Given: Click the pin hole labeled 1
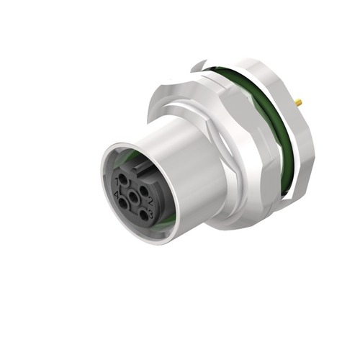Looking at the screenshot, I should pyautogui.click(x=123, y=179).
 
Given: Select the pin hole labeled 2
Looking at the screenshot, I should pyautogui.click(x=143, y=191).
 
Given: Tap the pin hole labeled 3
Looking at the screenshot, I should pyautogui.click(x=144, y=215).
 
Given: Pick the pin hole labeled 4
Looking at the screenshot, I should pyautogui.click(x=123, y=203).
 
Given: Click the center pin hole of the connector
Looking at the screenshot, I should pyautogui.click(x=133, y=197).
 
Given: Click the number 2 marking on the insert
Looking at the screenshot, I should pyautogui.click(x=150, y=202).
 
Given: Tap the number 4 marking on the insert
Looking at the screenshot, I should pyautogui.click(x=117, y=195).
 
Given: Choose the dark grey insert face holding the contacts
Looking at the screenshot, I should pyautogui.click(x=133, y=209).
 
